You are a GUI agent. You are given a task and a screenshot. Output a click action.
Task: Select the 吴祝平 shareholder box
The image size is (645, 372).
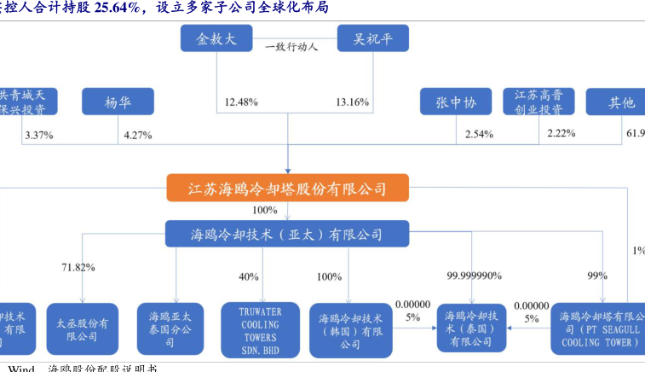pos(372,39)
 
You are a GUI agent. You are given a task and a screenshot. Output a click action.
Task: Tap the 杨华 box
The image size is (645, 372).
pos(118,102)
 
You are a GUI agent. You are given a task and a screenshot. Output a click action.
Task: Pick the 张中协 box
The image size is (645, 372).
pos(457,102)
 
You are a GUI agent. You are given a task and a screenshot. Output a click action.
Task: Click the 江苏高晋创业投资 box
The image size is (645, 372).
pos(538,102)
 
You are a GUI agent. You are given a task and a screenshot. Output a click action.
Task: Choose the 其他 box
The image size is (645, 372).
pos(619,102)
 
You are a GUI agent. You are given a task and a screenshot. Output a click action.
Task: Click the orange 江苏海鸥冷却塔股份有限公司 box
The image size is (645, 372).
pos(287,189)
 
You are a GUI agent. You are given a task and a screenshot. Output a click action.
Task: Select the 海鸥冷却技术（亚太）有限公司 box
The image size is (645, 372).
pos(287,234)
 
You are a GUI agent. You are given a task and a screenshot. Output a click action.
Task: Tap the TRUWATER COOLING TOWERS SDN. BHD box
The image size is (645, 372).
pos(261,328)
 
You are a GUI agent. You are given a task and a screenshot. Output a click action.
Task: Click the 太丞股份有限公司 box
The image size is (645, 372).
pos(82,328)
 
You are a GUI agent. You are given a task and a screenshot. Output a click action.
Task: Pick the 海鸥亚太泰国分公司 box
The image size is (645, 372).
pos(170,328)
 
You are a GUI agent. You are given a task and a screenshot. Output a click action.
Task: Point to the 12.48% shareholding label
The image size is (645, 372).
pos(241,102)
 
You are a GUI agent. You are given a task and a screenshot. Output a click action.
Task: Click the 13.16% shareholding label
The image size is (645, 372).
pos(352,102)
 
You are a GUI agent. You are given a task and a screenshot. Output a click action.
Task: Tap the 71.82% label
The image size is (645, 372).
pos(78,267)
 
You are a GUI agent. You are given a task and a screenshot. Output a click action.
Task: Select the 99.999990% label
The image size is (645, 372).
pos(474,276)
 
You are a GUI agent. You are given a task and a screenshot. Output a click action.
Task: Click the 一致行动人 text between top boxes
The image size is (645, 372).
pos(291,48)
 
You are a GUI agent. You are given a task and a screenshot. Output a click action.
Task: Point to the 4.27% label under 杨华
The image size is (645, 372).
pos(137,135)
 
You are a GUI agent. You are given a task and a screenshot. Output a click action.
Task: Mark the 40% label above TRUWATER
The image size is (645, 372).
pos(248,276)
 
